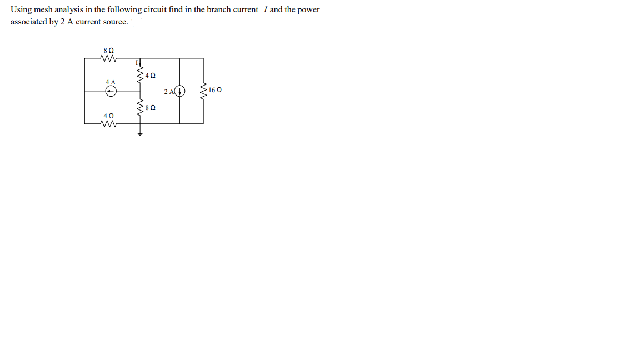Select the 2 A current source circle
tap(180, 91)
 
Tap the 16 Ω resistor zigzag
tap(203, 90)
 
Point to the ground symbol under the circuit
tap(140, 133)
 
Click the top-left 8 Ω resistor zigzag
tap(109, 58)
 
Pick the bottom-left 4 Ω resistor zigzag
tap(109, 124)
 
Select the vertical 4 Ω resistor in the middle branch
tap(140, 74)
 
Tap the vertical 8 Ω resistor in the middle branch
tap(140, 107)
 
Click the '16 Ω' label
tap(216, 90)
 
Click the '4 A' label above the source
tap(110, 82)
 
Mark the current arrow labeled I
tap(139, 63)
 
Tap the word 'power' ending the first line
tap(309, 10)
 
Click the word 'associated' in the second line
tap(28, 22)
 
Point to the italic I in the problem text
tap(264, 10)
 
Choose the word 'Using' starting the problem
tap(21, 10)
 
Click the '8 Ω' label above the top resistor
tap(109, 51)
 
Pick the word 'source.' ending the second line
tap(116, 22)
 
